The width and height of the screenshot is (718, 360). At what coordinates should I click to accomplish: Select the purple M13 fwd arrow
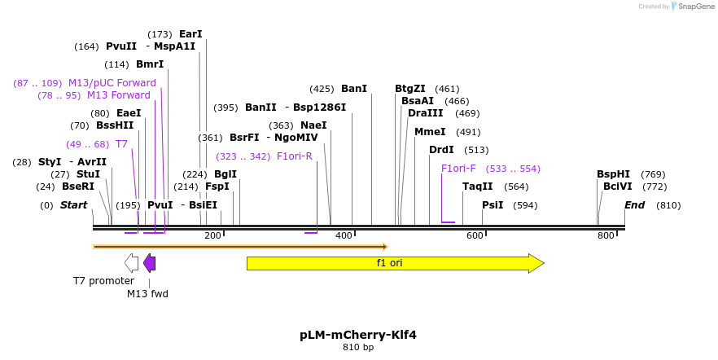click(149, 262)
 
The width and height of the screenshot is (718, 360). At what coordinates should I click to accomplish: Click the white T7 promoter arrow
click(131, 262)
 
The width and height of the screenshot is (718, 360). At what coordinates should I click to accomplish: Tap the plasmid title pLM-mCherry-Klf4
click(358, 335)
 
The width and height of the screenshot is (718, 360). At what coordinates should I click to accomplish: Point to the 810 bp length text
click(358, 348)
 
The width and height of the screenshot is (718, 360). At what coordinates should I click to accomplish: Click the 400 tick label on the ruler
click(344, 236)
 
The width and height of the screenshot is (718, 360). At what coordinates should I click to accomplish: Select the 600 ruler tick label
click(475, 236)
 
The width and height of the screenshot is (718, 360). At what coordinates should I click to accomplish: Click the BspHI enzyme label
click(613, 174)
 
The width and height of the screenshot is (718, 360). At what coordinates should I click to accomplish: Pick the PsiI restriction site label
click(493, 205)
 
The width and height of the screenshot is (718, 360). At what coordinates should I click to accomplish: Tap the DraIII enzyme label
click(425, 113)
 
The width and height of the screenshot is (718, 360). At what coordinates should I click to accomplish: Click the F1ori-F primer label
click(458, 169)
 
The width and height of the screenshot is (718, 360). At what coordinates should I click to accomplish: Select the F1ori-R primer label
click(295, 156)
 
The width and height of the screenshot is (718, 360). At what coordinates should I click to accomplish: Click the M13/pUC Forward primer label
click(112, 83)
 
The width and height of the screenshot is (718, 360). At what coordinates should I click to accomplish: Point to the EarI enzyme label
click(190, 34)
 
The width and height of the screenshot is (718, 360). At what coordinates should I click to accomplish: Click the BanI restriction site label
click(354, 89)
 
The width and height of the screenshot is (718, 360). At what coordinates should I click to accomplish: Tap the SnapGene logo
click(691, 7)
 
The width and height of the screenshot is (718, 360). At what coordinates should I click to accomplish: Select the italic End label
click(635, 205)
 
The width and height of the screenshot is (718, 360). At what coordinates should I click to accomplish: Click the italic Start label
click(73, 205)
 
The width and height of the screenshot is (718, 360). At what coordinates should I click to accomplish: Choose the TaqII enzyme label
click(478, 187)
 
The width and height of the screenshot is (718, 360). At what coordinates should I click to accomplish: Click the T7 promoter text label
click(103, 281)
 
